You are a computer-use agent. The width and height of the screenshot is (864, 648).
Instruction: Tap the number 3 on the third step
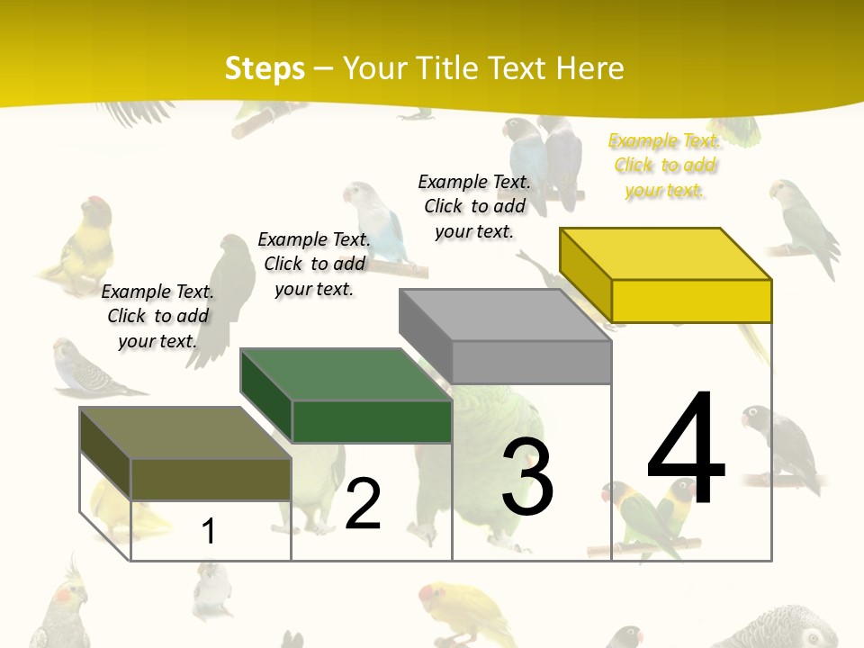[x=527, y=477]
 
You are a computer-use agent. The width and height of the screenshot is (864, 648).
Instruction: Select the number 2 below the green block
[x=364, y=505]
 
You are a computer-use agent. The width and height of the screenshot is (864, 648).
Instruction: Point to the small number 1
[x=209, y=532]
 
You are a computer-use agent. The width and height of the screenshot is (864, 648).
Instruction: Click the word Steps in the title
[x=265, y=68]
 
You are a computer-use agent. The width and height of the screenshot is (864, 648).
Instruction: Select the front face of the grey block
[x=531, y=362]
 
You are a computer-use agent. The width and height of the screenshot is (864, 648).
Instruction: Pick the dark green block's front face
[x=372, y=421]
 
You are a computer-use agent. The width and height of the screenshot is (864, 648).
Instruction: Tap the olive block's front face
[x=211, y=479]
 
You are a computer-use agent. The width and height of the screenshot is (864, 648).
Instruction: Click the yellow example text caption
[x=664, y=166]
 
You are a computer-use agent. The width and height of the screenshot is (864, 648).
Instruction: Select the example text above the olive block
[x=157, y=316]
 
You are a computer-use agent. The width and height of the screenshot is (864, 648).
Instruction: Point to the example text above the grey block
[x=474, y=206]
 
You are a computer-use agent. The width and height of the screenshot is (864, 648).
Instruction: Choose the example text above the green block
[x=314, y=264]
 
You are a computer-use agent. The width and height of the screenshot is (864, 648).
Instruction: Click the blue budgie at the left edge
[x=85, y=369]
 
